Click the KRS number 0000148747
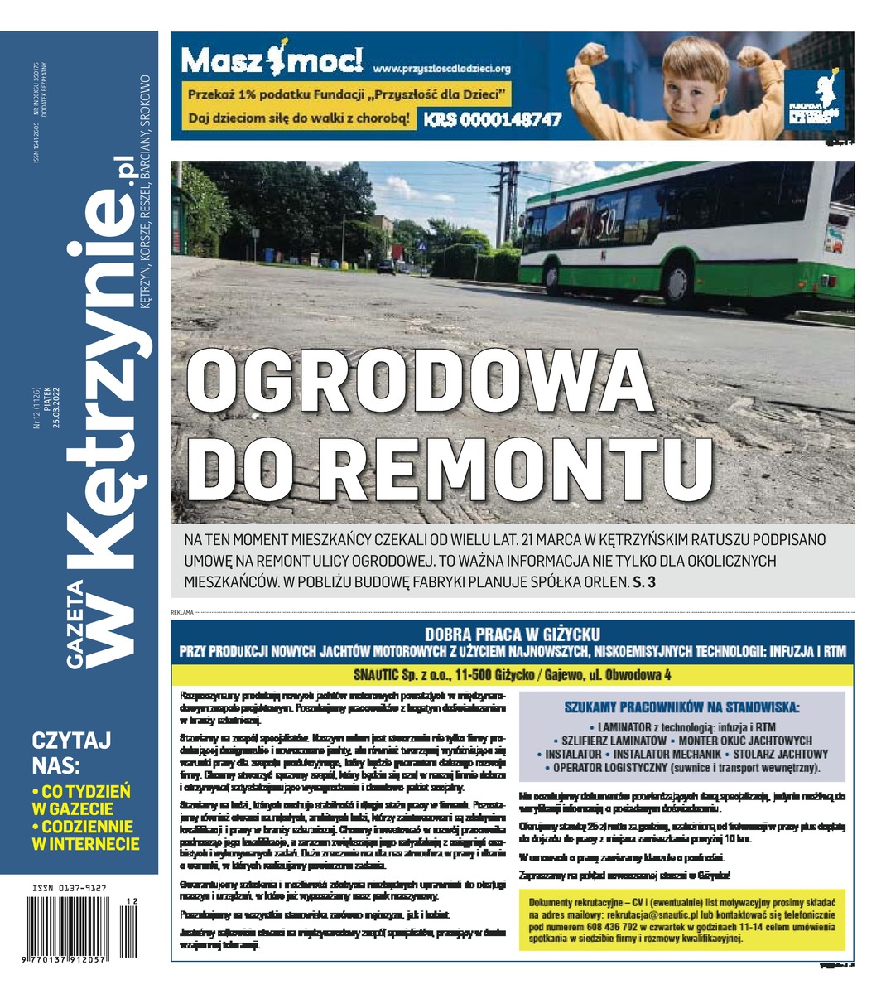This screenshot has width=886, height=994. (493, 119)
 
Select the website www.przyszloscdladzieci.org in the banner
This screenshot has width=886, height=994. (441, 68)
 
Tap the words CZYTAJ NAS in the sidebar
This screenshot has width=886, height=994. (70, 751)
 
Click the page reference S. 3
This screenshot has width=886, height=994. (644, 582)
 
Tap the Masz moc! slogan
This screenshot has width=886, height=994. (271, 60)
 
